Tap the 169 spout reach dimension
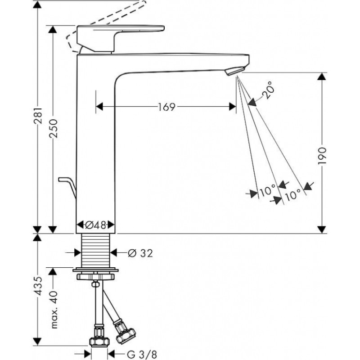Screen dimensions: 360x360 pos(166,107)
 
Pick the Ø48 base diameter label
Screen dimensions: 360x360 pos(95,224)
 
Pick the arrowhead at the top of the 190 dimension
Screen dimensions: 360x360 pos(321,76)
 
